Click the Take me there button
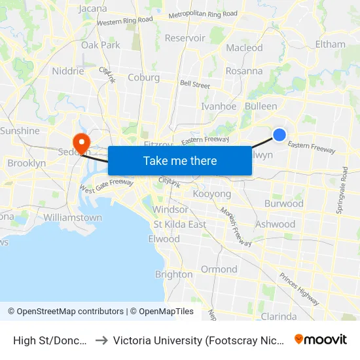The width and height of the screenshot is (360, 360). pos(180,161)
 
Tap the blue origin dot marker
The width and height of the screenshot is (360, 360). pos(279,134)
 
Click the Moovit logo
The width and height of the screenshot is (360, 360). pos(321,340)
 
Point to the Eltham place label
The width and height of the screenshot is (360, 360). pos(330,45)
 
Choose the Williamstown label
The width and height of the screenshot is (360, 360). pos(73,217)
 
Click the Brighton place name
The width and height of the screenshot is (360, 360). pos(173,274)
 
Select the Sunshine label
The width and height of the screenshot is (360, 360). pos(20,131)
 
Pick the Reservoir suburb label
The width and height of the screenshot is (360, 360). pos(185,38)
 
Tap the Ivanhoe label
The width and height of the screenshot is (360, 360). pos(219,106)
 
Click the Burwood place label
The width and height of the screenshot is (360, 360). pos(283,204)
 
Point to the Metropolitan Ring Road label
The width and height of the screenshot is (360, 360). pos(203,14)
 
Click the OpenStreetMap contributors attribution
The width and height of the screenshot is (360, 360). pos(65,312)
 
